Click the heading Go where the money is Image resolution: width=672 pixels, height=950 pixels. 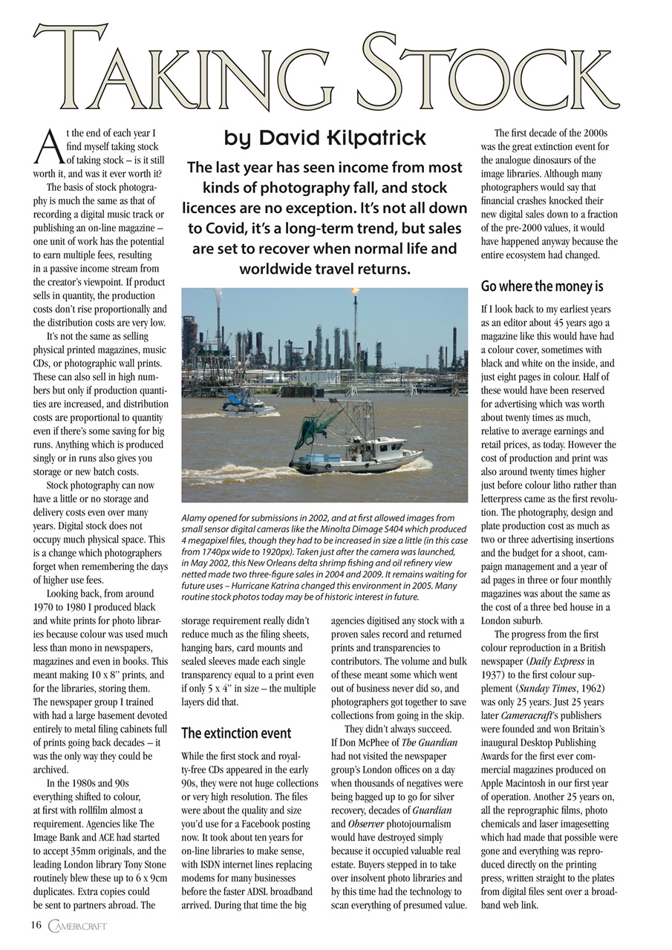pos(541,286)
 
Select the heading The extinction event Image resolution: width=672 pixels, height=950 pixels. pos(235,733)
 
